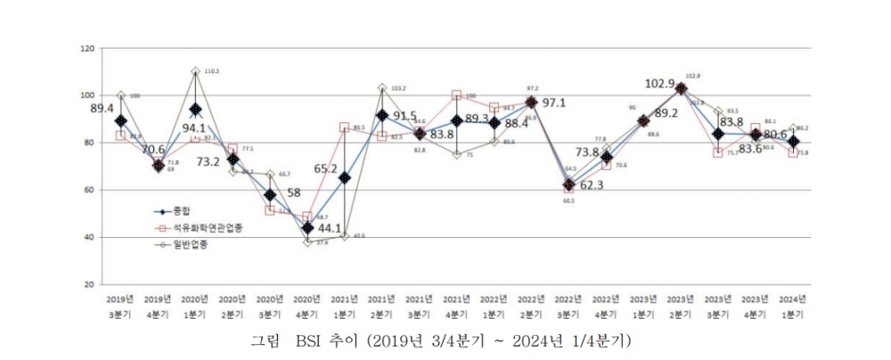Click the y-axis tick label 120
(88, 48)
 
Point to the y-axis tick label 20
(90, 284)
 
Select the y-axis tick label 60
(90, 190)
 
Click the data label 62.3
(593, 185)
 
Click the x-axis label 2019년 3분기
(120, 307)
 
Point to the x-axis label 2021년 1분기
(344, 307)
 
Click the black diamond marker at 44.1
(307, 228)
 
